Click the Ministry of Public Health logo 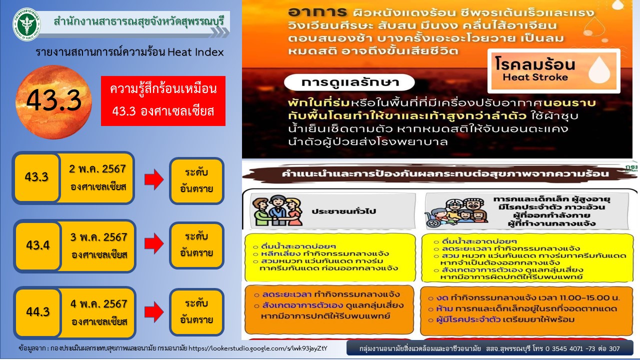click(27, 24)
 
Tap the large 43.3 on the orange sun click(54, 100)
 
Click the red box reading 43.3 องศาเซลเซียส click(163, 100)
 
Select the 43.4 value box click(37, 245)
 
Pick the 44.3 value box click(37, 312)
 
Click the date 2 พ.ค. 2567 click(97, 169)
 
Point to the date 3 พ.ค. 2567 click(98, 237)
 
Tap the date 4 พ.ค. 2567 click(98, 304)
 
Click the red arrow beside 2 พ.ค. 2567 click(154, 179)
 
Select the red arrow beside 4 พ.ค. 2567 click(154, 312)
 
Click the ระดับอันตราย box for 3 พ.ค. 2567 click(196, 245)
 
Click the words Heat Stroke click(535, 77)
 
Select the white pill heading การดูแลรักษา click(349, 82)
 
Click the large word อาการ click(317, 12)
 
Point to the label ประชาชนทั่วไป click(343, 211)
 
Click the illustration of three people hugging click(277, 210)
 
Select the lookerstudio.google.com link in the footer click(257, 348)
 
